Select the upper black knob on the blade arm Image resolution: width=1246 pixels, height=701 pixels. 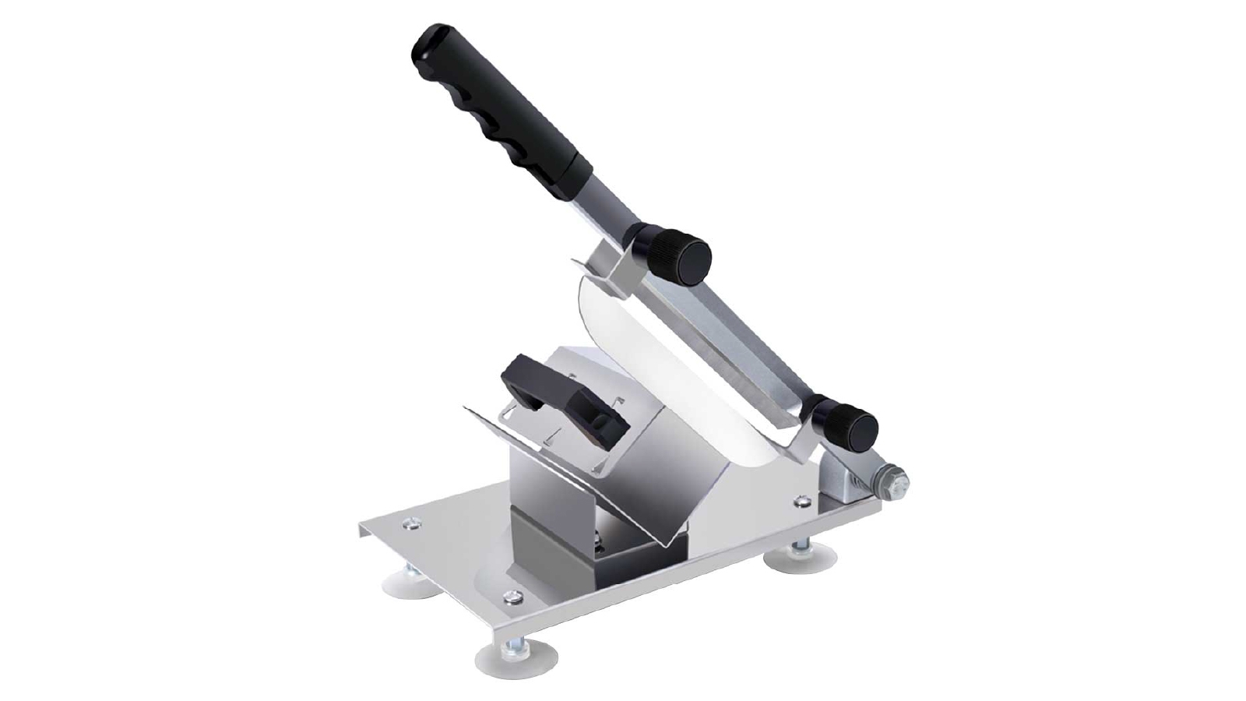678,254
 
